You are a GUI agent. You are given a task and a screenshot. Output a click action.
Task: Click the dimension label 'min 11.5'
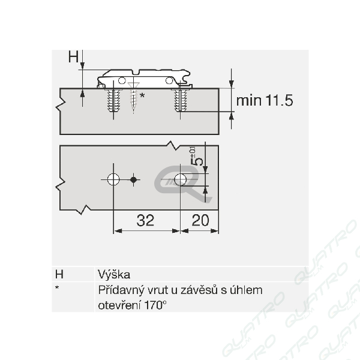265,100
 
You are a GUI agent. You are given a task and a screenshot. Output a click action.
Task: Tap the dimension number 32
145,220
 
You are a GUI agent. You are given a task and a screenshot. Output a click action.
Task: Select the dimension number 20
200,220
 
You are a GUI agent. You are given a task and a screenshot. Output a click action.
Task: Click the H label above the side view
73,56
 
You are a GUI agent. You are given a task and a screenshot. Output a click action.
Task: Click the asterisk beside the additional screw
142,95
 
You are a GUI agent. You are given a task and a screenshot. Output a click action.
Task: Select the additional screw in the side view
133,97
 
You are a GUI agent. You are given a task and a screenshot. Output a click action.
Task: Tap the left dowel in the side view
113,100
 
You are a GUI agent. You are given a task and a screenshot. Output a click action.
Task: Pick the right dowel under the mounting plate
180,100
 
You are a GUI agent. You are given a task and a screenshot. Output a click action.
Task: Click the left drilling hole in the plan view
113,179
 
